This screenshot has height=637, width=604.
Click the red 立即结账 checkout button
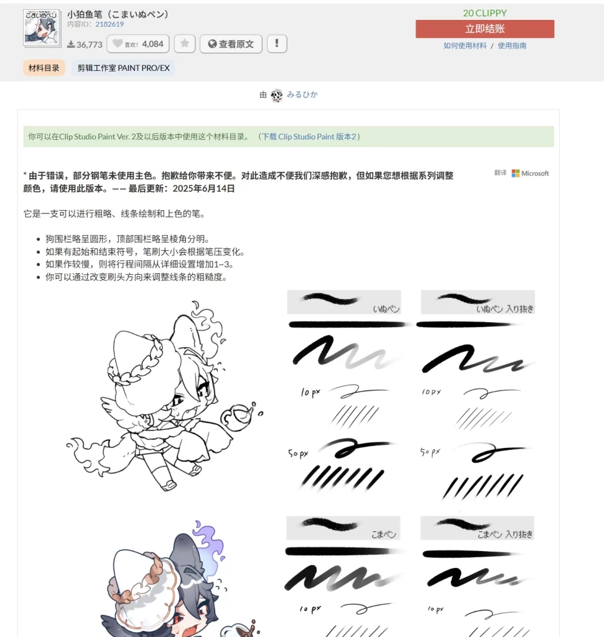click(x=485, y=29)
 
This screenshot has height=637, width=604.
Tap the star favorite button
click(x=185, y=44)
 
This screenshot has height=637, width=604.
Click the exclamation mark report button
click(x=277, y=44)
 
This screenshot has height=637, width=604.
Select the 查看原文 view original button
click(x=231, y=44)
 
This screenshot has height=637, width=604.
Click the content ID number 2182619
click(x=109, y=24)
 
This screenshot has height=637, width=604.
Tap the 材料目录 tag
click(x=44, y=68)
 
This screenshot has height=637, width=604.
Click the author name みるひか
click(x=302, y=95)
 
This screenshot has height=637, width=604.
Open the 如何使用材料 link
click(x=465, y=45)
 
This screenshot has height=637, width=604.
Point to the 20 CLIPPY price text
click(x=485, y=13)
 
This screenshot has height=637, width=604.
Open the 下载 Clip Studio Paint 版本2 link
click(x=309, y=137)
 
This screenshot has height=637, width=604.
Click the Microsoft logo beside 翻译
click(x=516, y=174)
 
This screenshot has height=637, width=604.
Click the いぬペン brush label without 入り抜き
click(x=386, y=308)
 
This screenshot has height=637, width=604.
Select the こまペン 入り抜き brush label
click(x=504, y=534)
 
